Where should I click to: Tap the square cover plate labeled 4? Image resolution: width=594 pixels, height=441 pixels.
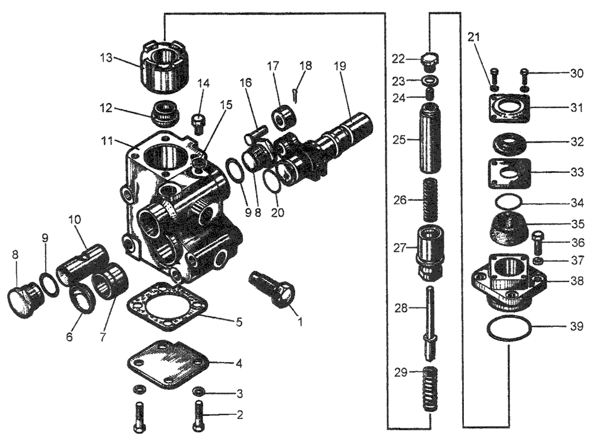[168, 360]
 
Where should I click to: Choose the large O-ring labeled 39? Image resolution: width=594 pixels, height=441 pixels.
[508, 329]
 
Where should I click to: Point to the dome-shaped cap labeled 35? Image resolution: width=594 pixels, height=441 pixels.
[508, 229]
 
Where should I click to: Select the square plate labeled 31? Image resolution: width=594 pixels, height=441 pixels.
[508, 109]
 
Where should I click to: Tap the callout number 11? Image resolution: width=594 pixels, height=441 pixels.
[108, 141]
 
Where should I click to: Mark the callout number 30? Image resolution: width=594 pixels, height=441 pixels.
[576, 74]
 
